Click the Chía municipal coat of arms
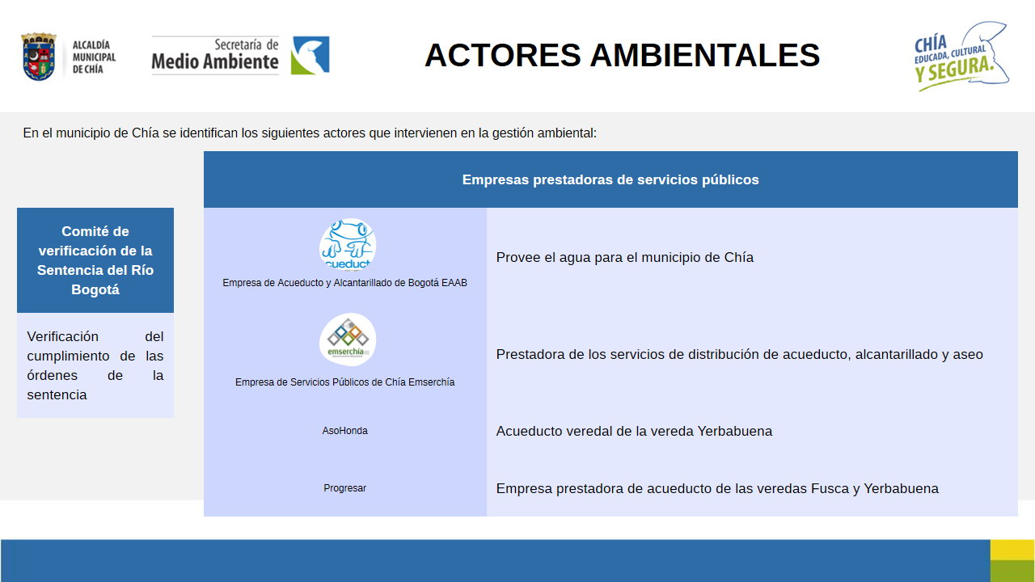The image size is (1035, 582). coord(39,57)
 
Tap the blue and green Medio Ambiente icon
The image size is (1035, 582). coord(310,55)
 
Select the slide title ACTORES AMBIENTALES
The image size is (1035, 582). coord(622,55)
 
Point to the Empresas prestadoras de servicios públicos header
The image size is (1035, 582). coord(610,179)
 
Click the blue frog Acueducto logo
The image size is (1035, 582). coord(348,245)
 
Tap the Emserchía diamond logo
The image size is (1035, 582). coord(348,339)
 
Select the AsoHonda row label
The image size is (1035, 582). coord(344,431)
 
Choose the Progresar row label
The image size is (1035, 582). coord(344,487)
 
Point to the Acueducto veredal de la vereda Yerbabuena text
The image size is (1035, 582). coord(634,431)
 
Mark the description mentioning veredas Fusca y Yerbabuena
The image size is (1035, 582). coord(717,488)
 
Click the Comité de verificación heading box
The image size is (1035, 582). coord(95,260)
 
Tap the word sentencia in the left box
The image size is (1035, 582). coord(57,395)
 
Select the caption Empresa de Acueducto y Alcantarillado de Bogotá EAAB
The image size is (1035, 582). coord(344,283)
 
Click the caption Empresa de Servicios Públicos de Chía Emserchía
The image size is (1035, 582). coord(344,382)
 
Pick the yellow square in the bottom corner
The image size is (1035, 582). coord(1012,550)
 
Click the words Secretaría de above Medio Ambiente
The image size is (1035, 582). coord(247,44)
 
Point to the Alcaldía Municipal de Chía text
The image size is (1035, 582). coord(94,57)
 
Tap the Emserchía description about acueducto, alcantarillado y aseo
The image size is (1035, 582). coord(739,354)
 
